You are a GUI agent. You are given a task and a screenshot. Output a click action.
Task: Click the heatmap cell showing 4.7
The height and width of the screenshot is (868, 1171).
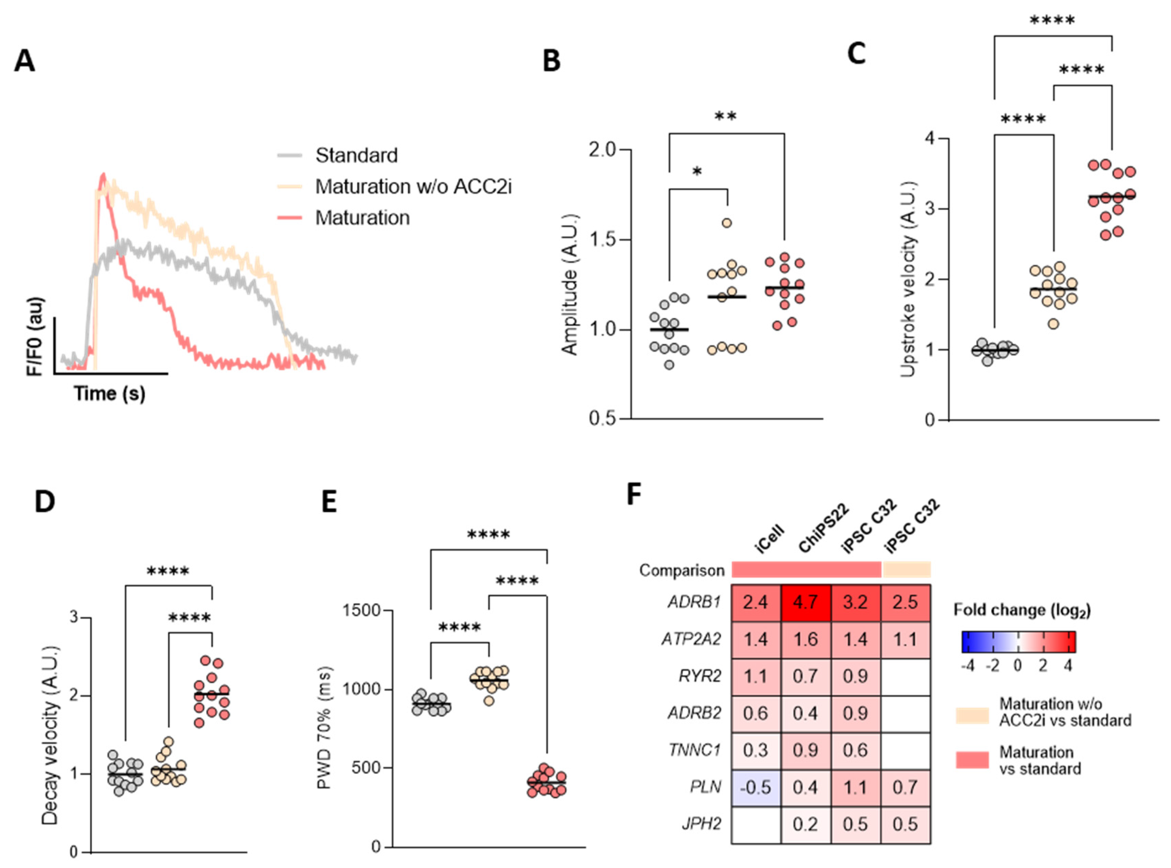805,602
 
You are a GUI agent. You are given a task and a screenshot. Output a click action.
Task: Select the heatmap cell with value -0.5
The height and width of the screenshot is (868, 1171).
756,787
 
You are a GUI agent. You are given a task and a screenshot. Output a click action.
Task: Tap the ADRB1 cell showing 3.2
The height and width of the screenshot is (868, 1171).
855,602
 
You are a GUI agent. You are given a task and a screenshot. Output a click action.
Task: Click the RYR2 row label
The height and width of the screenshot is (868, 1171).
700,676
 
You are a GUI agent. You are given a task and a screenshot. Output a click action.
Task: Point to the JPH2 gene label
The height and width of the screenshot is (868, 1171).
701,824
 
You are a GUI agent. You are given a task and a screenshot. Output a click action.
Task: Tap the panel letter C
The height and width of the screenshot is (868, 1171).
856,54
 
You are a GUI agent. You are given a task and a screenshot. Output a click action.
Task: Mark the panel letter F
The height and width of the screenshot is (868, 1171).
634,494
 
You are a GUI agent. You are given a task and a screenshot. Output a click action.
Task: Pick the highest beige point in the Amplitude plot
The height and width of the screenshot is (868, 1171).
727,223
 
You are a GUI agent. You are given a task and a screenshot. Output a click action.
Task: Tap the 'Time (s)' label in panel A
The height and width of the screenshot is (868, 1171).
109,393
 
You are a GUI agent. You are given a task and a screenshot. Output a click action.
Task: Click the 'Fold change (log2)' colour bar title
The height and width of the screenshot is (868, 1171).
1022,610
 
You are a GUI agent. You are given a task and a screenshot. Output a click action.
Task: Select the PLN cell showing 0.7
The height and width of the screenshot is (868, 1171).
905,787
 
